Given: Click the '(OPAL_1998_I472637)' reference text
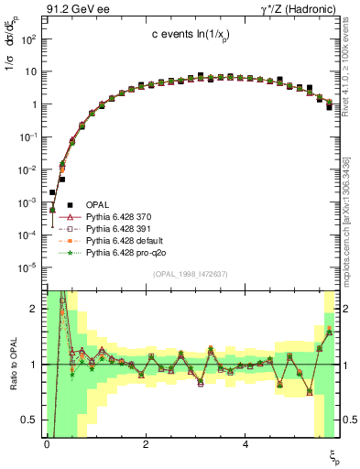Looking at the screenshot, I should [x=191, y=274].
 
